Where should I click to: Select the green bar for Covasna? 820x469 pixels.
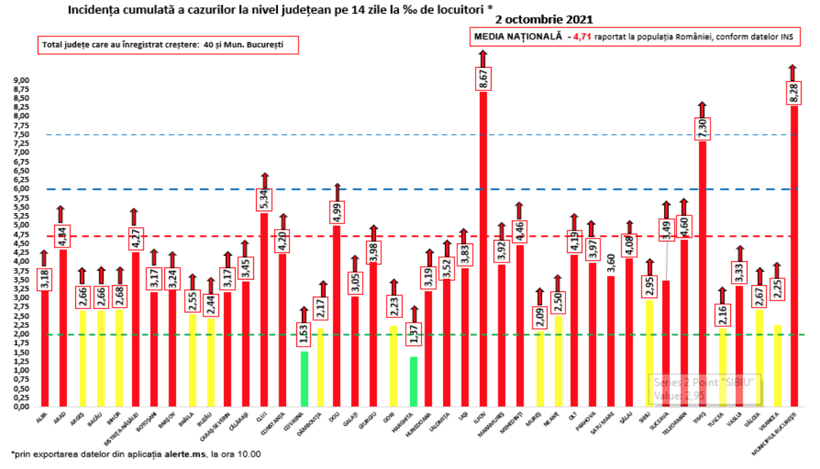[304, 379]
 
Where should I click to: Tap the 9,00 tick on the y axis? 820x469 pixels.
[22, 80]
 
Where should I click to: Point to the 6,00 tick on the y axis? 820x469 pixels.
[22, 189]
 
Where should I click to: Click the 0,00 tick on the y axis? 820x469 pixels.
[22, 406]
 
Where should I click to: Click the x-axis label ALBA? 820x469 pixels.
[41, 416]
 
